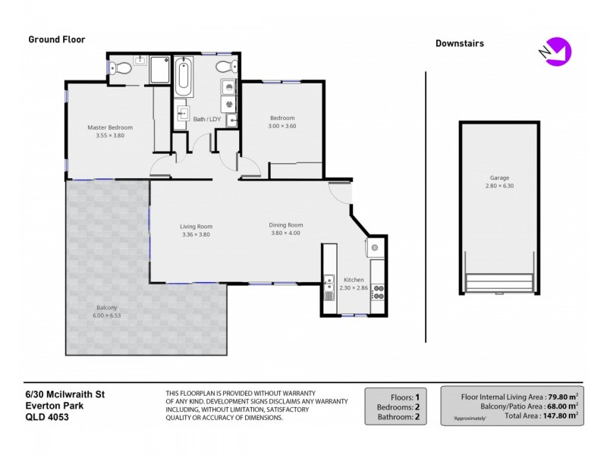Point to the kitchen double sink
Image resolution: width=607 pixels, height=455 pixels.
pyautogui.click(x=329, y=286)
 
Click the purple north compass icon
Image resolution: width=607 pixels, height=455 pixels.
pyautogui.click(x=559, y=50)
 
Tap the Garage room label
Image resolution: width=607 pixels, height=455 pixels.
pyautogui.click(x=498, y=178)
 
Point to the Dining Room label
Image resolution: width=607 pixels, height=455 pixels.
pyautogui.click(x=286, y=225)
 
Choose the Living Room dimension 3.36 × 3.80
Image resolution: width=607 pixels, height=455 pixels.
pyautogui.click(x=195, y=235)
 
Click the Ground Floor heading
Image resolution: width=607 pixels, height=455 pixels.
pyautogui.click(x=57, y=39)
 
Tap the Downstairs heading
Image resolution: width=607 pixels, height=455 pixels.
pyautogui.click(x=459, y=43)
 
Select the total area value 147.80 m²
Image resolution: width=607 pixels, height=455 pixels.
pyautogui.click(x=555, y=416)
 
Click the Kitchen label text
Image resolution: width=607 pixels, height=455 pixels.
pyautogui.click(x=354, y=280)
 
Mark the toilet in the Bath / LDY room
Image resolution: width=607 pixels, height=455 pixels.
pyautogui.click(x=225, y=67)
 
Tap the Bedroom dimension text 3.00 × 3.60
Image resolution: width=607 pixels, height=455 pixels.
pyautogui.click(x=282, y=126)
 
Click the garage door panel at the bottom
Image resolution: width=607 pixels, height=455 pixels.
pyautogui.click(x=498, y=284)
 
